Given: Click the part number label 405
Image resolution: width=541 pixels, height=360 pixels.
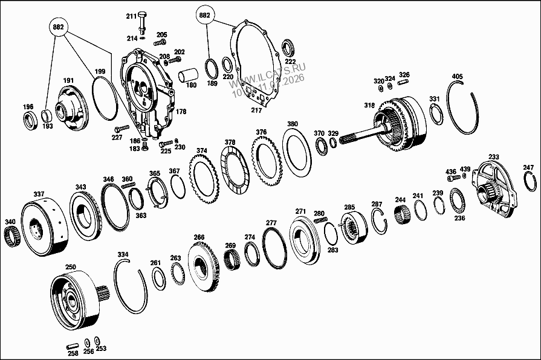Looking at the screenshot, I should point(458,77).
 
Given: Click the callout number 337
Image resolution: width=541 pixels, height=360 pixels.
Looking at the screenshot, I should point(39,194).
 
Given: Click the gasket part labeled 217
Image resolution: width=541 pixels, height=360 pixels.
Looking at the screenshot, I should point(257,111).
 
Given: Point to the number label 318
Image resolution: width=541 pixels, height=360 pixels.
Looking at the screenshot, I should point(369,106).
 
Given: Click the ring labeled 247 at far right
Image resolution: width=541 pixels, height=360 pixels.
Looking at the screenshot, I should point(531,182).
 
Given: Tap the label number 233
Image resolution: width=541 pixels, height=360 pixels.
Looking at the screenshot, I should point(494,157).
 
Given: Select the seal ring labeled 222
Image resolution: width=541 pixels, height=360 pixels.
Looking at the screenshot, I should point(290,48).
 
